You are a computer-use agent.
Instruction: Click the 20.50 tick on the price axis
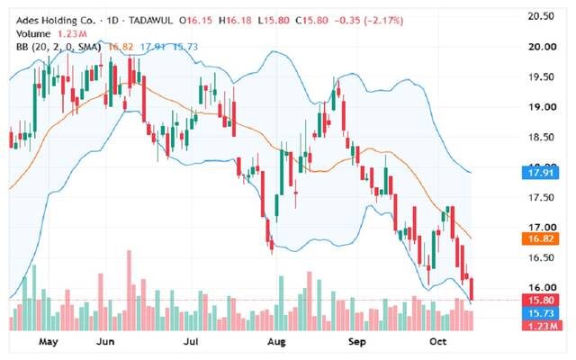(541, 16)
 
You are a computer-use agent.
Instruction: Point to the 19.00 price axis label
(542, 107)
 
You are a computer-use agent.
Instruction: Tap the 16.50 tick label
(541, 257)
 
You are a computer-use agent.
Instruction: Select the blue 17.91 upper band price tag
(540, 173)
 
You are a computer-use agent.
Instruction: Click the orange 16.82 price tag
(540, 239)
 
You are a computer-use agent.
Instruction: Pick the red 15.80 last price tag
(540, 300)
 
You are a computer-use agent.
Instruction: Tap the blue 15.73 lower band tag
(540, 313)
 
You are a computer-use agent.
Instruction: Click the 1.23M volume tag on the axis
(542, 326)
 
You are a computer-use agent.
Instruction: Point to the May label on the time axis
(48, 342)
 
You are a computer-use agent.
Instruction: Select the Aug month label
(276, 342)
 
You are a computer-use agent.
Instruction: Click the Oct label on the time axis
(438, 342)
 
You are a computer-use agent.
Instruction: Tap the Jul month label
(191, 342)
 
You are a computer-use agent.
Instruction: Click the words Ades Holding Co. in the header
(56, 21)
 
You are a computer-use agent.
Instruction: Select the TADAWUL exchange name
(150, 21)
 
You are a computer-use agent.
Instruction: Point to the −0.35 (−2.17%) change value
(369, 21)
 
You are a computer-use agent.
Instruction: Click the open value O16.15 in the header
(195, 21)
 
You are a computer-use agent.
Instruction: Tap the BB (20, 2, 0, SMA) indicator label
(58, 47)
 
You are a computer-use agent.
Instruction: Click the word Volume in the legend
(33, 34)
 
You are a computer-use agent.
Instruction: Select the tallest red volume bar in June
(129, 290)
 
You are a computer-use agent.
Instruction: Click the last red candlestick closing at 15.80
(472, 289)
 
